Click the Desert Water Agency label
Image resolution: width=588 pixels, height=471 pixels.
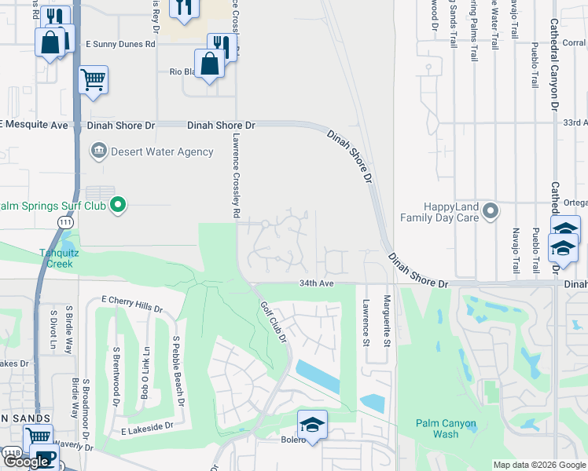point(162,152)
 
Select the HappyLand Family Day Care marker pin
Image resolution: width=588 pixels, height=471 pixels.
point(491,210)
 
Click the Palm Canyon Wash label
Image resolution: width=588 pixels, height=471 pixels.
point(447,429)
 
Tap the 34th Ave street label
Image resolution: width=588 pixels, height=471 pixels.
point(317,283)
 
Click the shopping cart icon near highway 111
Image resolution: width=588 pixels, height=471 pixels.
point(93,78)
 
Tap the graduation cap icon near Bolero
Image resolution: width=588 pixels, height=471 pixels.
point(312,425)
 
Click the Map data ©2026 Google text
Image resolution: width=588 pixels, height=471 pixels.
point(538,465)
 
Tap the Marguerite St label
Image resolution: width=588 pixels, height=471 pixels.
point(386,322)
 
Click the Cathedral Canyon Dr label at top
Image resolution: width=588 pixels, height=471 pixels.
point(554,55)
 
